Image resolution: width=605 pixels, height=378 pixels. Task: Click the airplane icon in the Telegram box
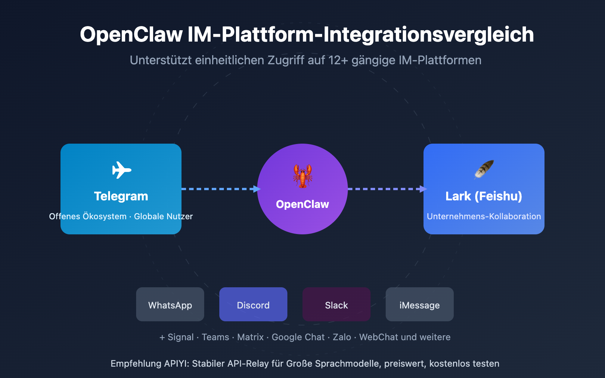coord(121,170)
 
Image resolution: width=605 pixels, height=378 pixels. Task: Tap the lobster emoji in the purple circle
coord(302,176)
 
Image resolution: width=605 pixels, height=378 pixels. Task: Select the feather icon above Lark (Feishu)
coord(484,169)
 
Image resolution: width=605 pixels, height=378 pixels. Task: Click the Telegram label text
coord(121,196)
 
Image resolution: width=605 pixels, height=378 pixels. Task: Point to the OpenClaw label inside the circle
coord(302,204)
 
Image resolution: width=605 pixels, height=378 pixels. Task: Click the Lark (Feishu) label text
coord(484,196)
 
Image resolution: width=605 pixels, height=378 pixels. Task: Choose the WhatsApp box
coord(170,305)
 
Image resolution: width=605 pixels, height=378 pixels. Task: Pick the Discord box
coord(253,305)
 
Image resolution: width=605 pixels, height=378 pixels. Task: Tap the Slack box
coord(337,305)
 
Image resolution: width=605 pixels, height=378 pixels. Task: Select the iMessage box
coord(420,305)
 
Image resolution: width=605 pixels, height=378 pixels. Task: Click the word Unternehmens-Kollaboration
coord(484,217)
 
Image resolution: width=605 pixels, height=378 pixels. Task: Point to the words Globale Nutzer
coord(163,217)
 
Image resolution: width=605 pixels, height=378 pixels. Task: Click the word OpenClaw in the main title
coord(131,35)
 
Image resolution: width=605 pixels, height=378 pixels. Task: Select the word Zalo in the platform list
coord(342,337)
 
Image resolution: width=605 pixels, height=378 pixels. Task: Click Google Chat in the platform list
coord(298,337)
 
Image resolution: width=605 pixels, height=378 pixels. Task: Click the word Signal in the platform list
coord(180,337)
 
